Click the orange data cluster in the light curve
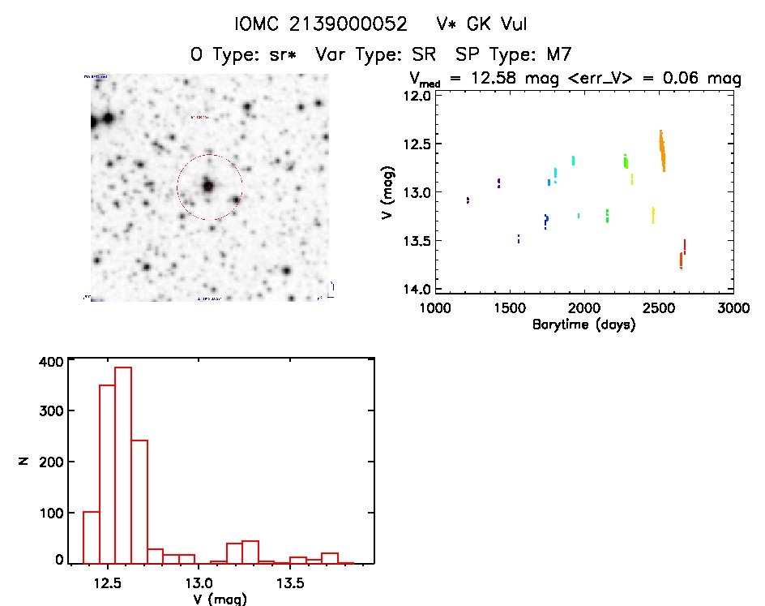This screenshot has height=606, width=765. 662,151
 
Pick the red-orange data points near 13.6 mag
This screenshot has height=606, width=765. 682,258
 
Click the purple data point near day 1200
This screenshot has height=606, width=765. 468,200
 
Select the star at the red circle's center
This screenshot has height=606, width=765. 208,186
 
